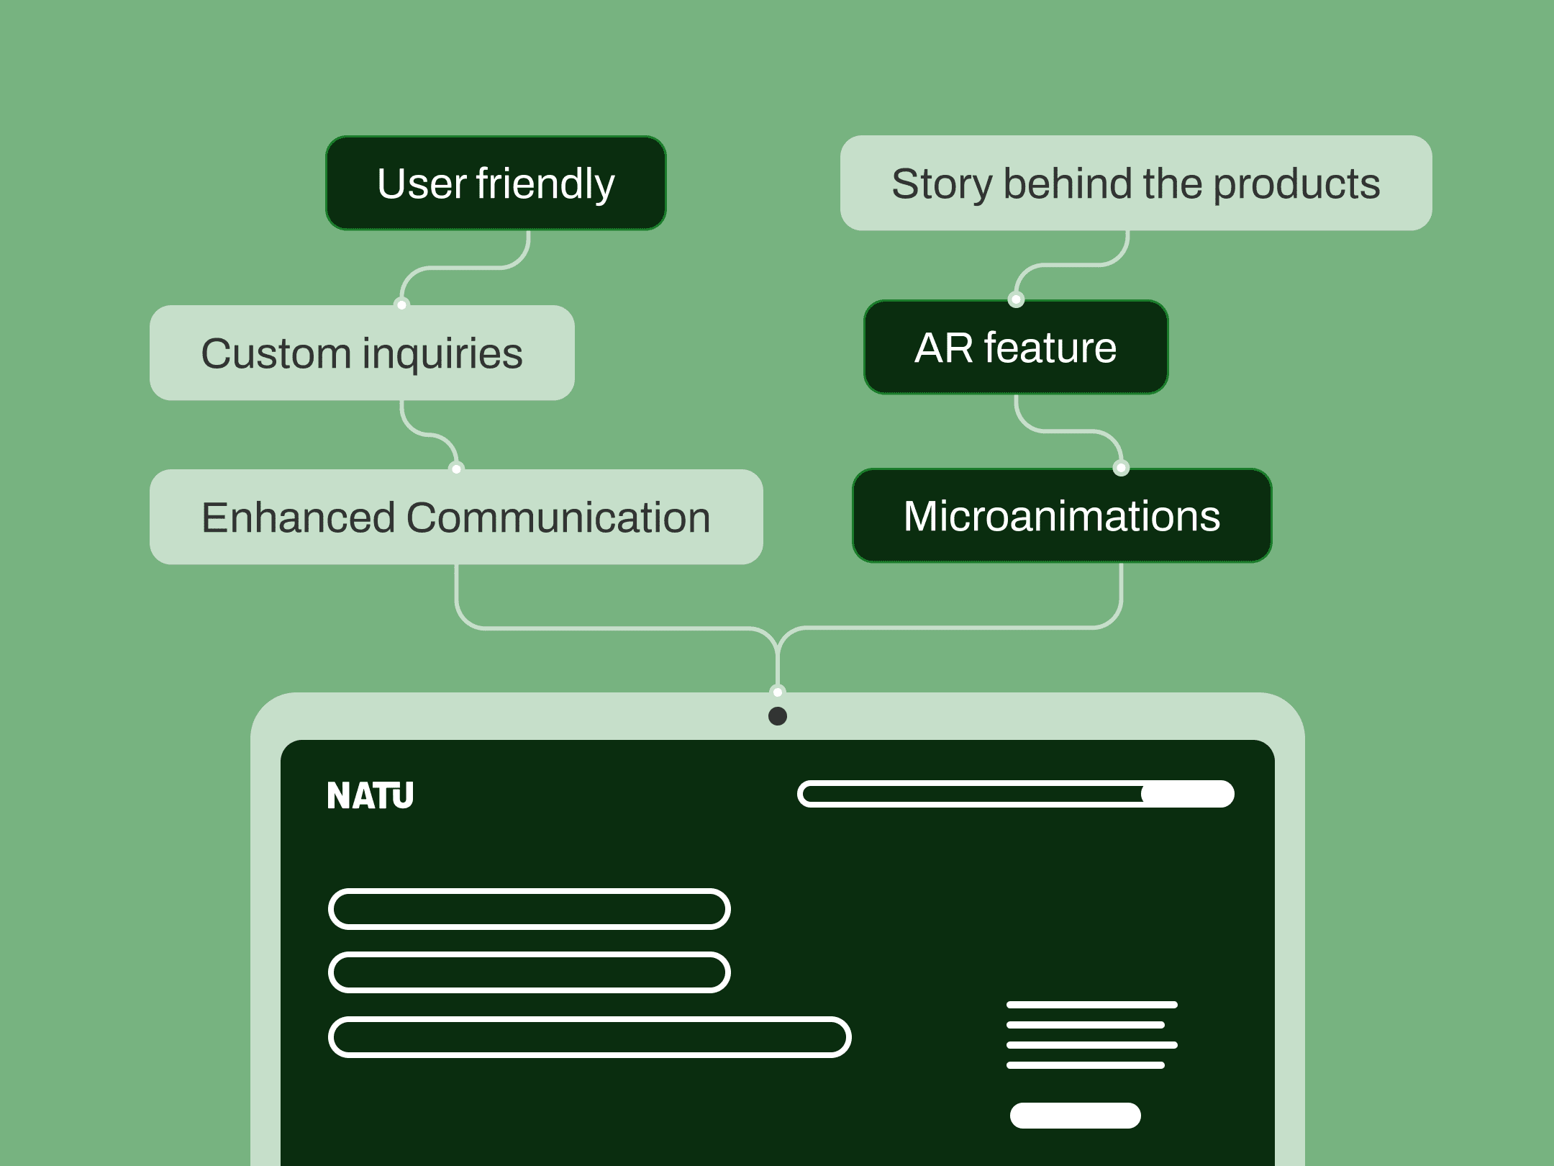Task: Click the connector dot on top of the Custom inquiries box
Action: click(402, 304)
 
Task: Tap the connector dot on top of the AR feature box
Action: click(1016, 299)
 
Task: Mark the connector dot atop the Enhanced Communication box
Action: click(456, 469)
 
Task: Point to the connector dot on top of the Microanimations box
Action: click(1121, 468)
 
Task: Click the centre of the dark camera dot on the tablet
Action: click(778, 716)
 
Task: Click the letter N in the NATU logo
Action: click(338, 795)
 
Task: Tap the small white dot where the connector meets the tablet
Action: click(778, 692)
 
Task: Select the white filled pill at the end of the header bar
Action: click(1188, 794)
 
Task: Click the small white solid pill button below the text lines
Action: click(1076, 1115)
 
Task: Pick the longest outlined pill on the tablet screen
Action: click(590, 1037)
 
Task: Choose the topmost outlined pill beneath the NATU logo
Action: click(530, 909)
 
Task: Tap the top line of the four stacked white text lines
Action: click(1092, 1005)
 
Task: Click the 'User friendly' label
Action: click(496, 184)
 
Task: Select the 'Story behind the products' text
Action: click(1136, 184)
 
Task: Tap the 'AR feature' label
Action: click(1016, 348)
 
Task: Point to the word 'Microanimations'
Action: click(1062, 516)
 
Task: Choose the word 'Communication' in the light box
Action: click(558, 518)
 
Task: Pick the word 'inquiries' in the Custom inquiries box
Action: click(442, 354)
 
